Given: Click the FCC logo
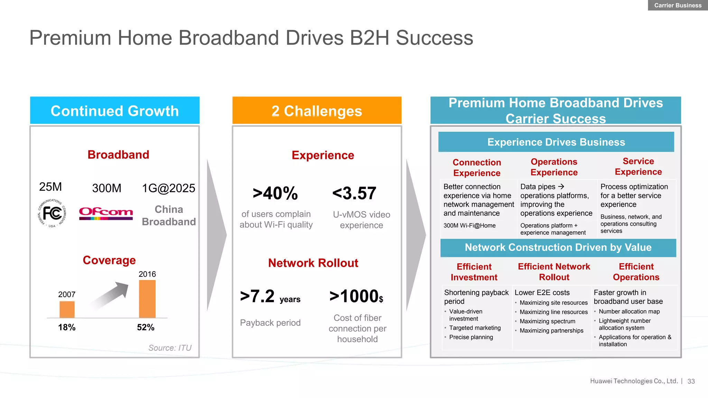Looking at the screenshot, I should coord(52,213).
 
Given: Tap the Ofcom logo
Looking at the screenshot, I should coord(106,213).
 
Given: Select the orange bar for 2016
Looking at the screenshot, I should coord(147,299).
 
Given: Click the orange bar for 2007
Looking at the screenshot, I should coord(67,309).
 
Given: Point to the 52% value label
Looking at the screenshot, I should coord(146,327).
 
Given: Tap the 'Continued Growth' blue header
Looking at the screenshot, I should coord(115,111).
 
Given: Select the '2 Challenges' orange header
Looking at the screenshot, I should coord(317,111).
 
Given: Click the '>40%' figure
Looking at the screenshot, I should coord(275,193).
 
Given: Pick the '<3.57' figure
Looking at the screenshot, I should coord(354,193).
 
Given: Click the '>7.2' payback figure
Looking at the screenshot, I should coord(258,296).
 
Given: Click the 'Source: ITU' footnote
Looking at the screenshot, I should coord(170,348).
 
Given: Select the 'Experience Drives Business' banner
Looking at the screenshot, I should coord(556,142).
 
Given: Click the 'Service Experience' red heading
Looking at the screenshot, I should coord(638,167).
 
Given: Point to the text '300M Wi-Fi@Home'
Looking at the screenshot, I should coord(469,226).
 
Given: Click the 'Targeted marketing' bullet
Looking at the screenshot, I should coord(475,328).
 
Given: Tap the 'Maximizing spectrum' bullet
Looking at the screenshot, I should coord(547,321).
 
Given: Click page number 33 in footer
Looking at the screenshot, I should coord(691,381).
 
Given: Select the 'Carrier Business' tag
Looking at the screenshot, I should coord(678,5).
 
